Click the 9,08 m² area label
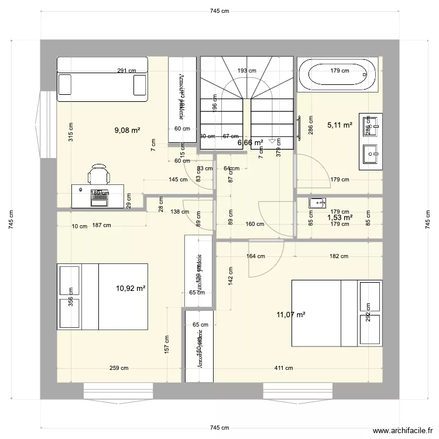[x=127, y=131]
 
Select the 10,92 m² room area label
[x=130, y=288]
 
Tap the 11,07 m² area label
[x=291, y=315]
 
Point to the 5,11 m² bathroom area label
[x=339, y=125]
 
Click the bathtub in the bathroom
[x=336, y=74]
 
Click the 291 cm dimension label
[x=126, y=71]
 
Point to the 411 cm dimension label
[x=285, y=368]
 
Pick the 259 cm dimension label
[x=119, y=368]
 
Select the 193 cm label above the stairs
[x=246, y=71]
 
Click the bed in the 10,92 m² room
[x=102, y=297]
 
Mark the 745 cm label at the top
[x=220, y=11]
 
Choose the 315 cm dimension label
[x=71, y=131]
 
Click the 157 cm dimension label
[x=168, y=344]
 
